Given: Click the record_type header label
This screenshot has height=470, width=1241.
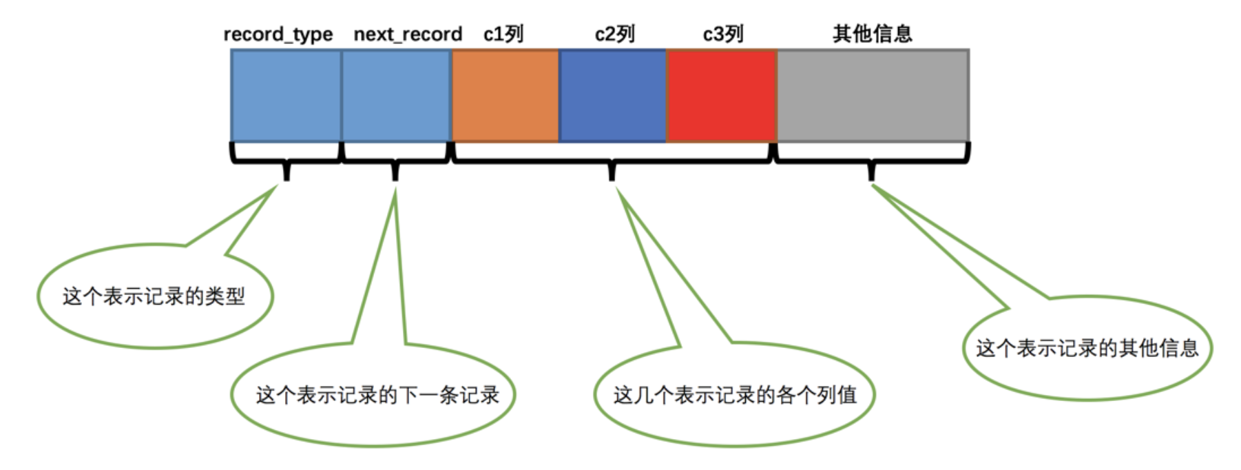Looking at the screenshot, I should (x=278, y=34).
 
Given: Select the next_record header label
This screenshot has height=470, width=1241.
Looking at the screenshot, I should (x=407, y=34).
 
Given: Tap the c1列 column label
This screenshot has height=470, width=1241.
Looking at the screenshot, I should (x=503, y=34).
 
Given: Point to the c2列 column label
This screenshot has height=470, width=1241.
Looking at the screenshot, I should (x=614, y=34).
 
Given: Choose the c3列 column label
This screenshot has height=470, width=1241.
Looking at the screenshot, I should (x=722, y=34).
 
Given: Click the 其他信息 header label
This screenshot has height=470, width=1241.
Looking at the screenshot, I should (x=872, y=33).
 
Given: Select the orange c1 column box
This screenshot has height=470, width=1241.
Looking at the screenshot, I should (x=505, y=96).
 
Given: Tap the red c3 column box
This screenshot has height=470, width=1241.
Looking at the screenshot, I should (x=721, y=96).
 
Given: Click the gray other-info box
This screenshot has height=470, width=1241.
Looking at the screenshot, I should (x=873, y=96).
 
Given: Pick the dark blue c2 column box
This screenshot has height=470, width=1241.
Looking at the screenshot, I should (x=612, y=96).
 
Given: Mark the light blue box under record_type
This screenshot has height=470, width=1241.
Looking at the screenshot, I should (x=286, y=96).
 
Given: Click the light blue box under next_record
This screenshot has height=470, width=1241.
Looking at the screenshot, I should (x=396, y=96).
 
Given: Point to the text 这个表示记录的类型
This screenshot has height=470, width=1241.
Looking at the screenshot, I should (x=154, y=296).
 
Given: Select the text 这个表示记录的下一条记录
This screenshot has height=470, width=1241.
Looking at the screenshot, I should (x=377, y=395).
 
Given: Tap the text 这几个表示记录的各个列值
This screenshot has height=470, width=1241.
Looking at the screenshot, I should (x=735, y=395).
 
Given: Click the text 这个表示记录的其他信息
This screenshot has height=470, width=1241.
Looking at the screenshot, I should (x=1087, y=348).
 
